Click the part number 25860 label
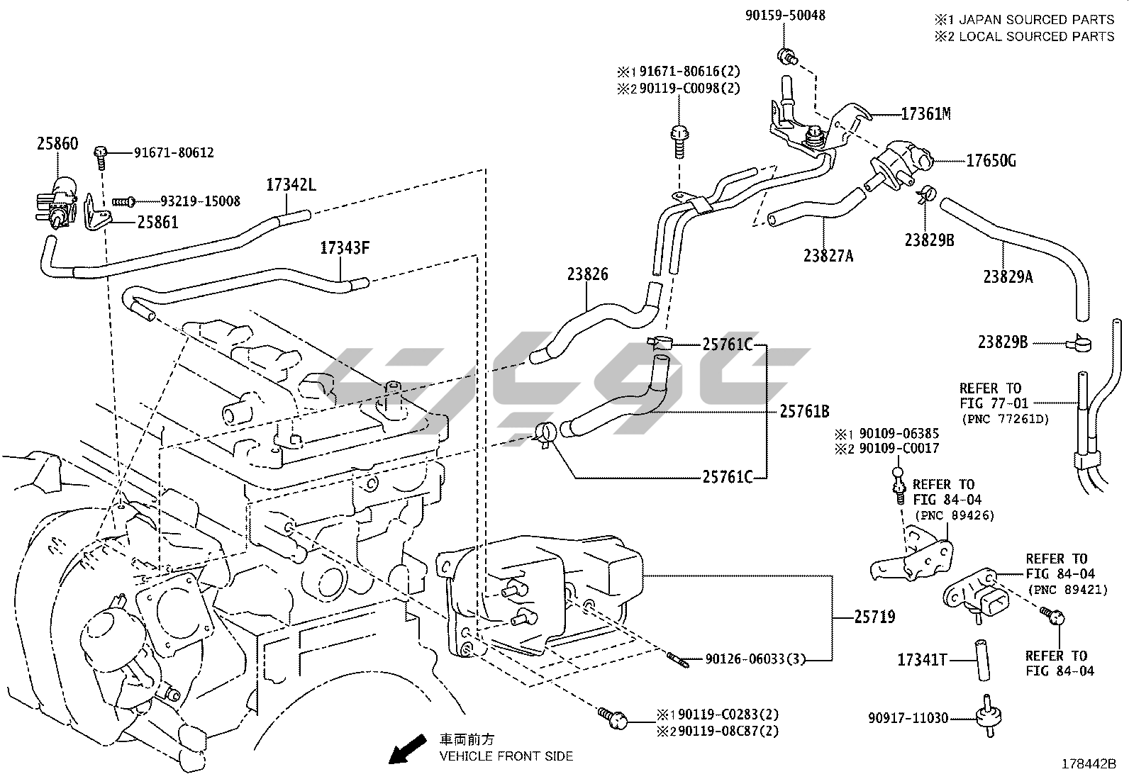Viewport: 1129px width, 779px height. [x=57, y=144]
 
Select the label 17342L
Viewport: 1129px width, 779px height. [x=291, y=185]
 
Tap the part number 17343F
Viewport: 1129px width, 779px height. [x=345, y=248]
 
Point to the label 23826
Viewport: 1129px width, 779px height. [x=587, y=274]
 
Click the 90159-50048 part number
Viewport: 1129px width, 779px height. [x=785, y=15]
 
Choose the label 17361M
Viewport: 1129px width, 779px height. [x=925, y=113]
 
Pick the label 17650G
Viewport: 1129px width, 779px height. [x=991, y=161]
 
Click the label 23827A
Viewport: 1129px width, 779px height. [x=828, y=255]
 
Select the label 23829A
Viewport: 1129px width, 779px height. [x=1008, y=276]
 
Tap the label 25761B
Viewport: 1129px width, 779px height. [x=805, y=410]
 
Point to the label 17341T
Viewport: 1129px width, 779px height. [x=922, y=660]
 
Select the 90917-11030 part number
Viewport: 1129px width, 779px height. [x=908, y=718]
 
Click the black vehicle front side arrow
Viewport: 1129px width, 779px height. [x=407, y=749]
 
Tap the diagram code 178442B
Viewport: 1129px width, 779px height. [x=1089, y=764]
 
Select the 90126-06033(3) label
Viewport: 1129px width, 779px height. [x=756, y=659]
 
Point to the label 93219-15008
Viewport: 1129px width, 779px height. [x=190, y=202]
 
